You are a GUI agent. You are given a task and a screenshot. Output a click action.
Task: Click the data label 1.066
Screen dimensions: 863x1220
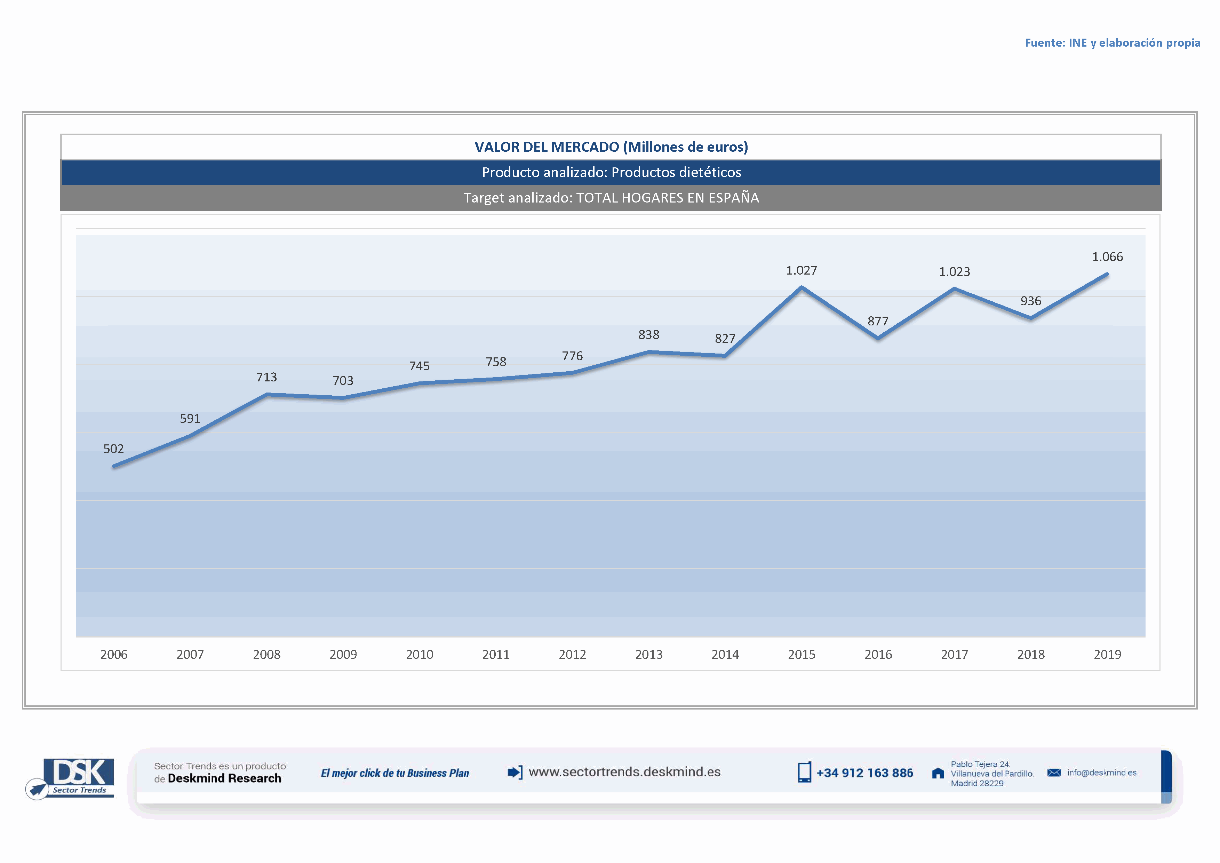[1107, 257]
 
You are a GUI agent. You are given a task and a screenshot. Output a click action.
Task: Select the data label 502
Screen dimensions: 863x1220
[113, 449]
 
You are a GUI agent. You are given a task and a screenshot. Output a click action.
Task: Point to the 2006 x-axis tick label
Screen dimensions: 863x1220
[114, 654]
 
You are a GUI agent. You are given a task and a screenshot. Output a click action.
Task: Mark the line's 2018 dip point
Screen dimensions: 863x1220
[1031, 318]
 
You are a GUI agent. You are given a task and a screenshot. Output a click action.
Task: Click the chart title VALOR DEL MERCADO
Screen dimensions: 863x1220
[611, 147]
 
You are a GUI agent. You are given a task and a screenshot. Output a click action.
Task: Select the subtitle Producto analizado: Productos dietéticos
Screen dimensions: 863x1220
[611, 172]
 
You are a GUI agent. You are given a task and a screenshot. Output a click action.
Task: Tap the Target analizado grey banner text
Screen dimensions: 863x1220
[611, 198]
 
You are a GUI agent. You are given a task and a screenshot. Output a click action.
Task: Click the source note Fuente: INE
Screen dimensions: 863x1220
[1112, 43]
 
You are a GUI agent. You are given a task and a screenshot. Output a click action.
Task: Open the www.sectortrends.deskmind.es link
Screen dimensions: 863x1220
[624, 772]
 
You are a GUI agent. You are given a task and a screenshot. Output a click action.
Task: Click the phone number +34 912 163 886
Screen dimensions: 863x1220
[864, 773]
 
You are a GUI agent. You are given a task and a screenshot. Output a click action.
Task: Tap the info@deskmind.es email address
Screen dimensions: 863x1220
[1101, 773]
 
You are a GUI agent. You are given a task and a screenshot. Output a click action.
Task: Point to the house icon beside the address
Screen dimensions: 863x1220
[938, 773]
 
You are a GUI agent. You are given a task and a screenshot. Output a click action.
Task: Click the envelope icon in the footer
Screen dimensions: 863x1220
[1054, 773]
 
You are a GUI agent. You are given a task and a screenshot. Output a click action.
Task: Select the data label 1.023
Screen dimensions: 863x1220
[954, 272]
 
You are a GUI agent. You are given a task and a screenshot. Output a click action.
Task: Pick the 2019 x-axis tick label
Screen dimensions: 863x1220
[1107, 654]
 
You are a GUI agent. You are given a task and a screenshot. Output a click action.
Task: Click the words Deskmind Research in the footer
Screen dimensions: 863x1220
[224, 778]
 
